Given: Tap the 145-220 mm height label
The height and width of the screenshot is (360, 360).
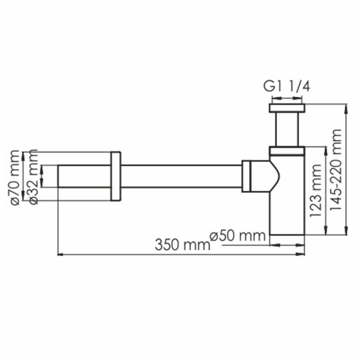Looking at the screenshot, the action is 336,170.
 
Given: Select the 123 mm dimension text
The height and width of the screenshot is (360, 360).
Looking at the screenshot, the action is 316,190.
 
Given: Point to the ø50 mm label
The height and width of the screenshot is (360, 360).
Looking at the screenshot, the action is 238,236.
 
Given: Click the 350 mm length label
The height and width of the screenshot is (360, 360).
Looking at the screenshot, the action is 182,245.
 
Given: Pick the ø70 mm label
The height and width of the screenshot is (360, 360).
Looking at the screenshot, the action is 15,177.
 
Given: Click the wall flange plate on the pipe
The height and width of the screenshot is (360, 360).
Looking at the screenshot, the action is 116,176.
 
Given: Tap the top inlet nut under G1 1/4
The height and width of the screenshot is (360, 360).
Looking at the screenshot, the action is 287,108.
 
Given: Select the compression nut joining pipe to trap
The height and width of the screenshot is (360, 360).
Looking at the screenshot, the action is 246,176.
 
